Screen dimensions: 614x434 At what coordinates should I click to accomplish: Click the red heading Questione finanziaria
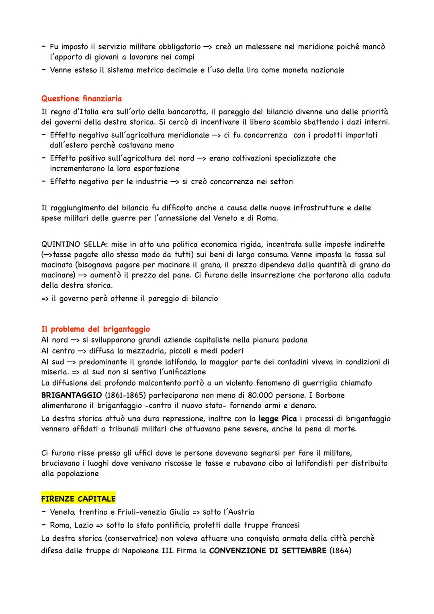(81, 99)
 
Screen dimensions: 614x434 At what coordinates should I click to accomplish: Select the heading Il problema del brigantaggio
(95, 329)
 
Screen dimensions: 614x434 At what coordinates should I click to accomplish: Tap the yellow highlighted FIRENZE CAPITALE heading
(78, 499)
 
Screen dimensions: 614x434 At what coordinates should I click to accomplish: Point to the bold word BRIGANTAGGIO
(71, 395)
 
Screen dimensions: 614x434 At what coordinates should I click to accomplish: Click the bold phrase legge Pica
(277, 419)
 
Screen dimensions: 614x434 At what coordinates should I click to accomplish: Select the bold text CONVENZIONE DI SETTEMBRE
(268, 550)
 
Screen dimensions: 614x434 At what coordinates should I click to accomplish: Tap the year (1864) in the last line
(340, 550)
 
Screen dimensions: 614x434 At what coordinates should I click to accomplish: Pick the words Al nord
(54, 340)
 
